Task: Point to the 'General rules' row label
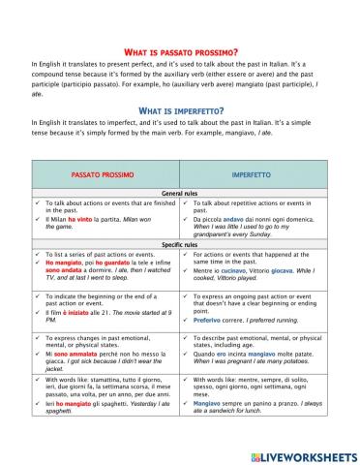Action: (x=180, y=194)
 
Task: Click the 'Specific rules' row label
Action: (x=180, y=245)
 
